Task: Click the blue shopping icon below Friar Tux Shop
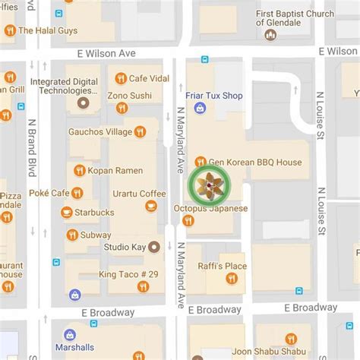(x=200, y=109)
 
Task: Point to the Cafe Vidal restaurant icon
(x=119, y=78)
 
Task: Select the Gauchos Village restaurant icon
(x=140, y=131)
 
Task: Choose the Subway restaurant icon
(x=72, y=235)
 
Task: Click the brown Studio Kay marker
(x=155, y=247)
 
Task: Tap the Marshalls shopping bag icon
(x=70, y=334)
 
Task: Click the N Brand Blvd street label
(x=32, y=144)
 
